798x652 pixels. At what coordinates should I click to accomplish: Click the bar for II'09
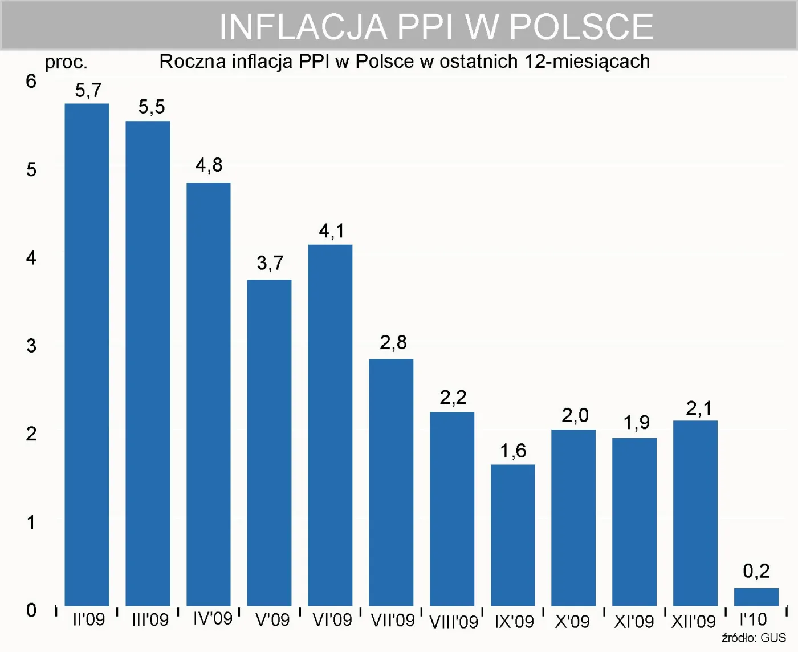click(87, 354)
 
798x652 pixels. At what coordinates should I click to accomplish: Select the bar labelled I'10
click(756, 597)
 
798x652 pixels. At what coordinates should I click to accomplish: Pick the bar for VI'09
click(330, 425)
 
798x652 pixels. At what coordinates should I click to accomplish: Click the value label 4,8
click(209, 165)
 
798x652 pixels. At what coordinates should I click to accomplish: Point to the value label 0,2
click(756, 571)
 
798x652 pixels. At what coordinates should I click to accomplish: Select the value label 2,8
click(393, 342)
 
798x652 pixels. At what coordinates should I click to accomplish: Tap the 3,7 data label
click(270, 263)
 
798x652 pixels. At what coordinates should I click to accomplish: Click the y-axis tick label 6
click(31, 81)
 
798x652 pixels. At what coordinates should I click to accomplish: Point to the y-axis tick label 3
click(31, 346)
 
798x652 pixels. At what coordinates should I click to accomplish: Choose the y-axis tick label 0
click(31, 610)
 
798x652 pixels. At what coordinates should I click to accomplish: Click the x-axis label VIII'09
click(453, 621)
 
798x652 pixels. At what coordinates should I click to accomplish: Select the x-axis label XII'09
click(693, 621)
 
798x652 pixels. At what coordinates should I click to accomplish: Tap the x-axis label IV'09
click(212, 618)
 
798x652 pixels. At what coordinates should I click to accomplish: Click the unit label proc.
click(66, 62)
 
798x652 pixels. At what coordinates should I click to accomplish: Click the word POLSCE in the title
click(581, 27)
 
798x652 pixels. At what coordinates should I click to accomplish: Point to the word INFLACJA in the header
click(303, 27)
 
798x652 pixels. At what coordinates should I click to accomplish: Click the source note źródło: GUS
click(754, 638)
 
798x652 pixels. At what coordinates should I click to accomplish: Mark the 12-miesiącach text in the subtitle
click(587, 62)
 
